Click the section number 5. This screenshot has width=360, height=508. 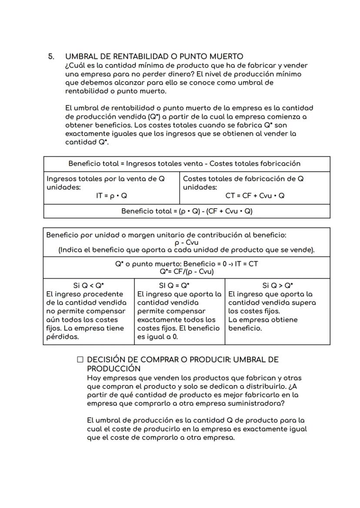click(x=51, y=57)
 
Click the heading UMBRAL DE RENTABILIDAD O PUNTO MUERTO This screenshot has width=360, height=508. click(x=154, y=57)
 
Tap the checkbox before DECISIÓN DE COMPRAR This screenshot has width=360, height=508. click(x=80, y=360)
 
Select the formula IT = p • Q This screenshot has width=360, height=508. click(x=111, y=196)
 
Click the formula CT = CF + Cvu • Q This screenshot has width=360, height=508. click(x=255, y=196)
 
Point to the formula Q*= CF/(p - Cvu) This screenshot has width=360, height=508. click(x=187, y=272)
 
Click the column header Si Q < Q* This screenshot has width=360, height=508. click(x=89, y=286)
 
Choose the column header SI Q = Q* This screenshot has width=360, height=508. click(x=179, y=286)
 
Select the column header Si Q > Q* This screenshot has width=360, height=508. click(x=277, y=286)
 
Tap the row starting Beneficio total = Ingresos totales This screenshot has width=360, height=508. click(x=184, y=164)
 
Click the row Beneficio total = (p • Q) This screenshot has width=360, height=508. click(x=187, y=211)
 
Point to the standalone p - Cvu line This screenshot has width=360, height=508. click(x=187, y=243)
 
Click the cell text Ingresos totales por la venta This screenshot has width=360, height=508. click(x=105, y=179)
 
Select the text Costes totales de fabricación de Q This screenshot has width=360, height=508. click(x=243, y=179)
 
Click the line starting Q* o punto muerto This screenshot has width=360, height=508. click(x=187, y=264)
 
